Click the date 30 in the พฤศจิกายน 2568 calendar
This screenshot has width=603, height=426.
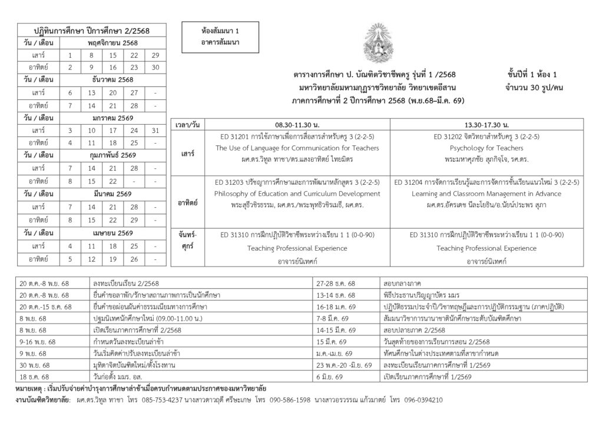155,67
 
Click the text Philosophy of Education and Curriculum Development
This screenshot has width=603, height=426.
297,194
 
